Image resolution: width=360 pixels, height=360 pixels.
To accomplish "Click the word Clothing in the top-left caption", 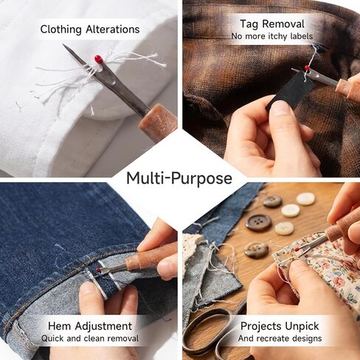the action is tap(60, 30).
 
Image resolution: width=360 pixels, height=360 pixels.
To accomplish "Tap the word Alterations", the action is tap(113, 30).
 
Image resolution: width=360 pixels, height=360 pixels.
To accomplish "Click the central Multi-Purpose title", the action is tap(179, 178).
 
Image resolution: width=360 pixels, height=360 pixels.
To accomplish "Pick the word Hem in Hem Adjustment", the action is tap(60, 326).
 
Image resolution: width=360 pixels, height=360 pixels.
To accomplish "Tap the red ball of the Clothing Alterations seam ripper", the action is tap(98, 59).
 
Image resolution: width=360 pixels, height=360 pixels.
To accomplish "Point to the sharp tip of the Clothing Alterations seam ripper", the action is tap(63, 44).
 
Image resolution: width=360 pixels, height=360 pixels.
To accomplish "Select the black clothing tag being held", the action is tap(290, 92).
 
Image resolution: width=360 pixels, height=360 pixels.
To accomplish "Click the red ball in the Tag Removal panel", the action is tap(307, 68).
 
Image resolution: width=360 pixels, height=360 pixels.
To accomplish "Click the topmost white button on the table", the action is tap(305, 199).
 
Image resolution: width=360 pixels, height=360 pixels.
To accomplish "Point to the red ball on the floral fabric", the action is tap(297, 250).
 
